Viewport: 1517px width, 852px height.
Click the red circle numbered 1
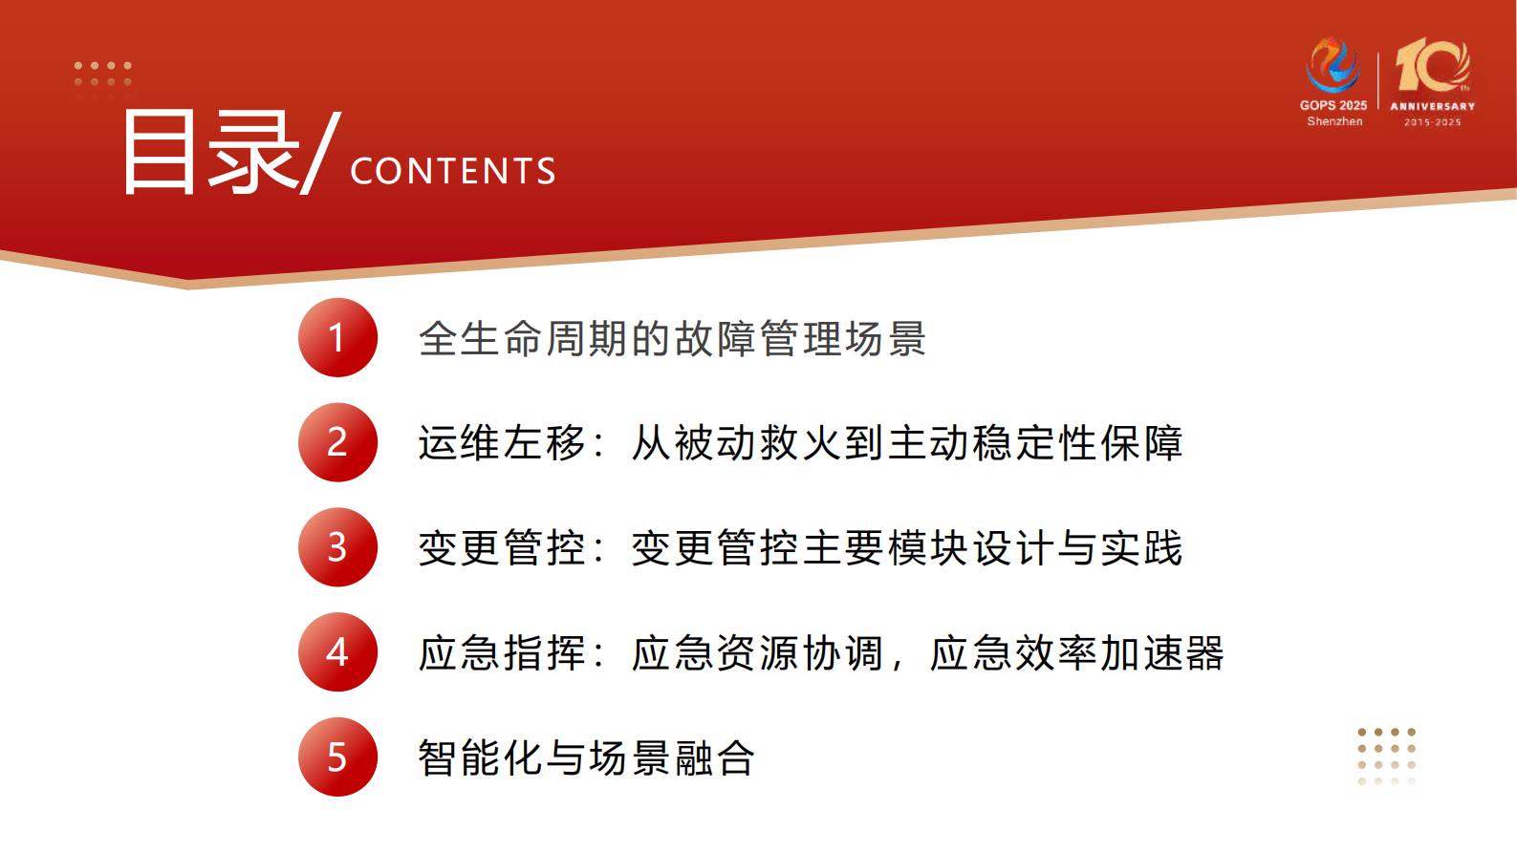tap(337, 337)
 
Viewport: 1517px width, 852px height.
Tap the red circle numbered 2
tap(337, 442)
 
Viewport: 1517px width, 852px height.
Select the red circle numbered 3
tap(337, 547)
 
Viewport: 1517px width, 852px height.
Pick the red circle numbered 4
tap(337, 652)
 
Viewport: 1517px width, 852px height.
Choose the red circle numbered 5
tap(337, 757)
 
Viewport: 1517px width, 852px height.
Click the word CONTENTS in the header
tap(453, 172)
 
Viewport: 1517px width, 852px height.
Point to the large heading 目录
tap(210, 153)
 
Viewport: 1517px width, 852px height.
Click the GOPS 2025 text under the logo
tap(1333, 105)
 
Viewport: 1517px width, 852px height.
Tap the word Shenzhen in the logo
tap(1334, 121)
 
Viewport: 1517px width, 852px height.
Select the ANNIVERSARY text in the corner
tap(1432, 106)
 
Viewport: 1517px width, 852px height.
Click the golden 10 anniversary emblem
tap(1432, 65)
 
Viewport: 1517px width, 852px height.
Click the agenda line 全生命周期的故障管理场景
tap(672, 339)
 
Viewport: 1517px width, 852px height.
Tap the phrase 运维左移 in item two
tap(501, 443)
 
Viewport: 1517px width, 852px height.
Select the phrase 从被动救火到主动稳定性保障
tap(906, 443)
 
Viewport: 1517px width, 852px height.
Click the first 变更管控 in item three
tap(501, 548)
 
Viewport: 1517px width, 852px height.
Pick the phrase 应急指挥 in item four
tap(501, 653)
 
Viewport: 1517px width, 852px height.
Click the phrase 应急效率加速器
tap(1076, 653)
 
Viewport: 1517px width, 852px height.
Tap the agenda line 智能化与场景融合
tap(586, 758)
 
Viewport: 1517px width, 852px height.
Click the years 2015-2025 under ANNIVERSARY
tap(1432, 122)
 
